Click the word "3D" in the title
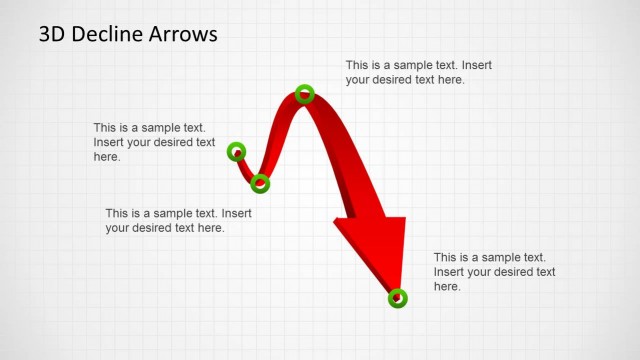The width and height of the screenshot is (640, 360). tap(53, 35)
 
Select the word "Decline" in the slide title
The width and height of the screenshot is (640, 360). tap(106, 35)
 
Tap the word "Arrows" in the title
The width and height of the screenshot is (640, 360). tap(182, 35)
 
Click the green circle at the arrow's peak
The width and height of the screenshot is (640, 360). tap(305, 94)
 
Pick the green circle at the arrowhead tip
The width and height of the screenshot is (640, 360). tap(397, 297)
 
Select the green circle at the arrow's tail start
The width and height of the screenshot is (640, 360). tap(236, 152)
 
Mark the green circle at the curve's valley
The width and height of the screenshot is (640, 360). tap(260, 183)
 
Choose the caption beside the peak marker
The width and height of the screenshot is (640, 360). tap(418, 72)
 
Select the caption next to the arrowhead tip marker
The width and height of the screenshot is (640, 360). tap(494, 272)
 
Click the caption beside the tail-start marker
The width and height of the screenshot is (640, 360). tap(154, 142)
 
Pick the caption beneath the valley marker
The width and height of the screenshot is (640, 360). tap(178, 220)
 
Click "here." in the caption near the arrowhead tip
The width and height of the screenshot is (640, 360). tap(447, 287)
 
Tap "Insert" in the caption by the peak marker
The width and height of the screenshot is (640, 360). tap(476, 65)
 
